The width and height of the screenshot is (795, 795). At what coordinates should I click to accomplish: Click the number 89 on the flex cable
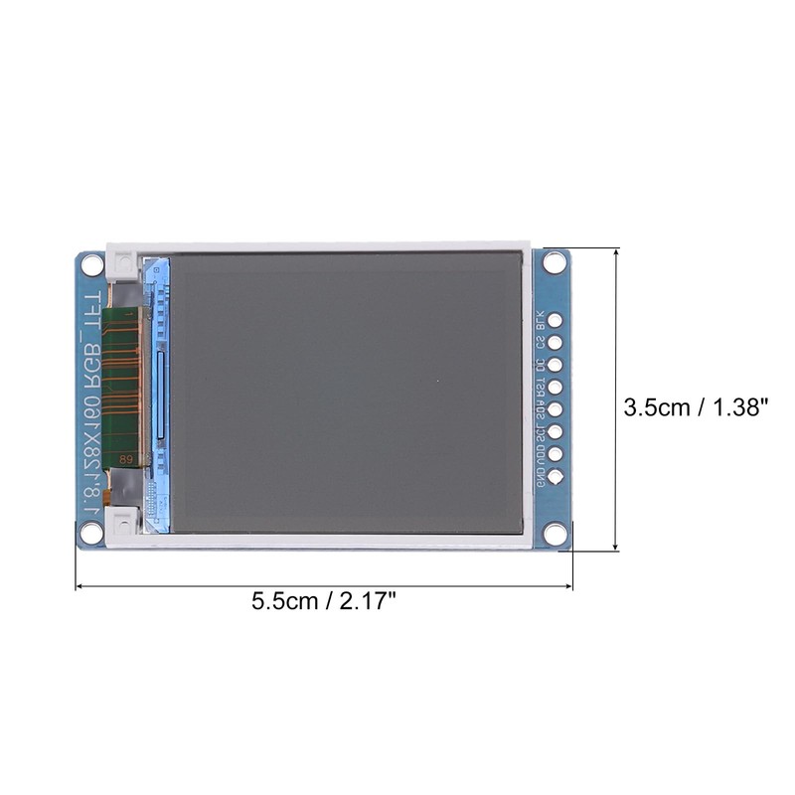click(126, 459)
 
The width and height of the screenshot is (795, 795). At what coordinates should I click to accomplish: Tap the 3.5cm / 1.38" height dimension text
click(697, 406)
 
